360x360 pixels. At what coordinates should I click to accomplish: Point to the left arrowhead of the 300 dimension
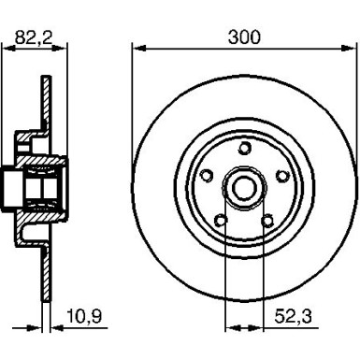click(x=137, y=48)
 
